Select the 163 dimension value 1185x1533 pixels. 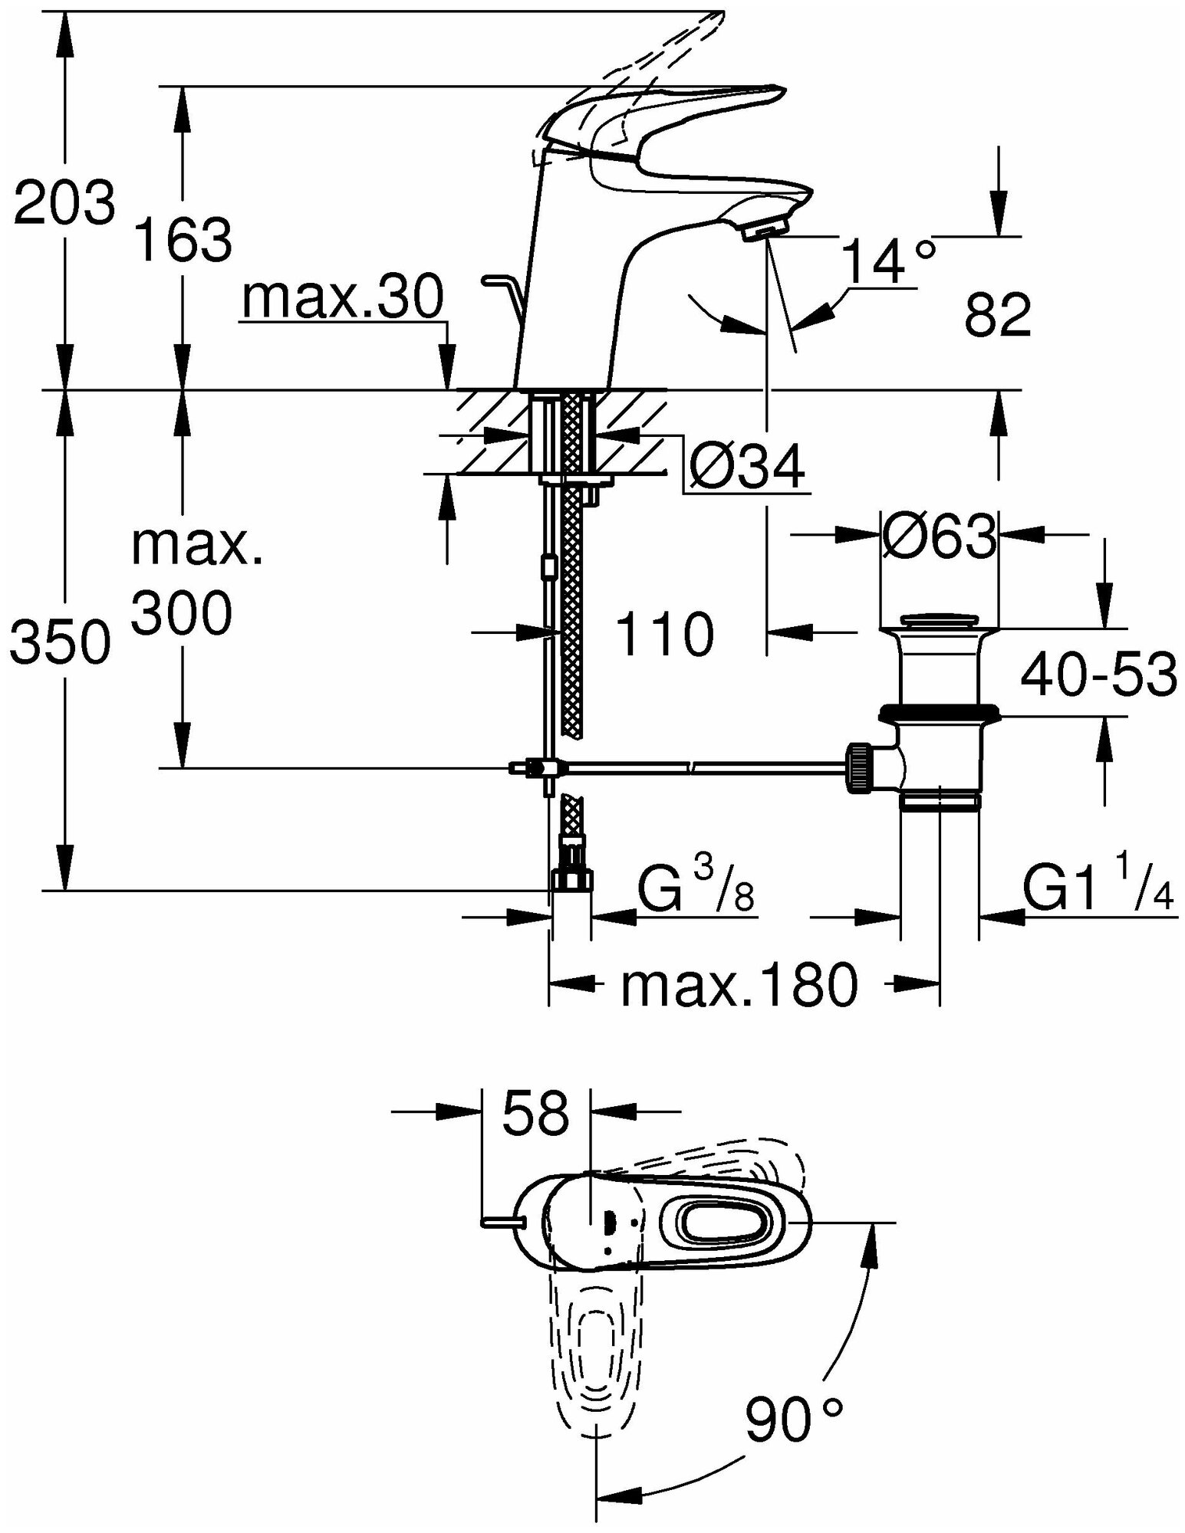[183, 238]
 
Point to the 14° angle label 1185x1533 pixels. [887, 262]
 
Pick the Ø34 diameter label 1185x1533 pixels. [746, 467]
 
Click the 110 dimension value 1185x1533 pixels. [664, 635]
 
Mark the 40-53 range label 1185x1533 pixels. [1098, 675]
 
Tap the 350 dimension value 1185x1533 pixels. [61, 642]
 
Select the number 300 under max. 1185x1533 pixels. [181, 613]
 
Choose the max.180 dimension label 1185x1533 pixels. [739, 986]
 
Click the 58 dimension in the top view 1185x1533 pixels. [536, 1113]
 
